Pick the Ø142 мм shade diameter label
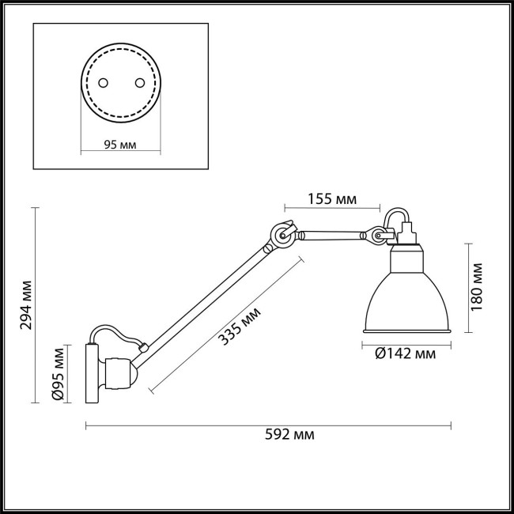pos(406,353)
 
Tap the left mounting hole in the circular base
pos(102,82)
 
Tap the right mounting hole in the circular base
pos(139,82)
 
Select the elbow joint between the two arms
pos(282,235)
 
